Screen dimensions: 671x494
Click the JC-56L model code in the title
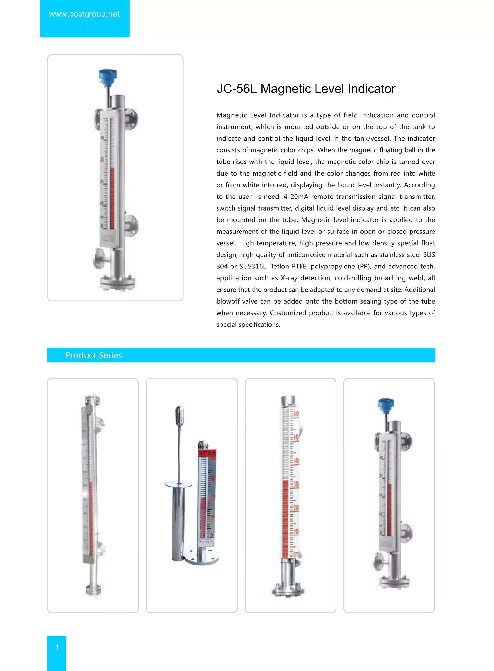click(237, 89)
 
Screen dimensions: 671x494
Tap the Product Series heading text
click(94, 355)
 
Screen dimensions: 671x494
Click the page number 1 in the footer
click(57, 647)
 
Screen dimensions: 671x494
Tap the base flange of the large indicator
click(118, 283)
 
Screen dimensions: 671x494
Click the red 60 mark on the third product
click(296, 415)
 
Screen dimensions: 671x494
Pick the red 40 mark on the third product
click(296, 461)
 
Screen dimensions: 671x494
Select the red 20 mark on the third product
click(296, 508)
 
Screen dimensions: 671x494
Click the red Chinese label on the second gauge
click(207, 453)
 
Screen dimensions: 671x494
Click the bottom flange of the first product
click(94, 590)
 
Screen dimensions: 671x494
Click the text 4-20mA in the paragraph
click(295, 197)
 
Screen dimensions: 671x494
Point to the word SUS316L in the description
click(253, 266)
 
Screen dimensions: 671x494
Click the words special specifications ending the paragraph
click(248, 325)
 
